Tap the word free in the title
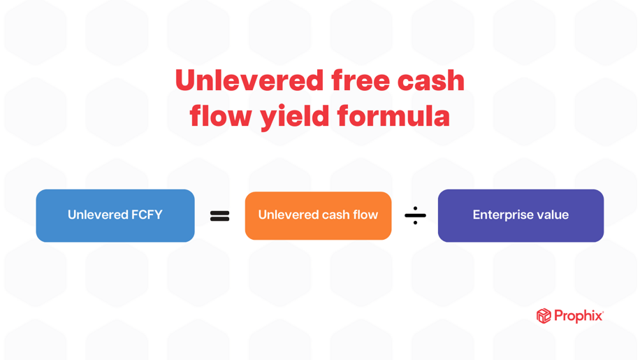[360, 80]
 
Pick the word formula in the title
[393, 116]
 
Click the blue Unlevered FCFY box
[115, 215]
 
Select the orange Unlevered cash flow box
[318, 215]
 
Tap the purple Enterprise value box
[521, 215]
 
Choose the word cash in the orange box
[335, 215]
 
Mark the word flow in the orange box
[365, 215]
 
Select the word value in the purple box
[553, 215]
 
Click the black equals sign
[220, 217]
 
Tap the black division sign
[415, 216]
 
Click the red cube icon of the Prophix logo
[544, 316]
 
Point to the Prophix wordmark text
[578, 316]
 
